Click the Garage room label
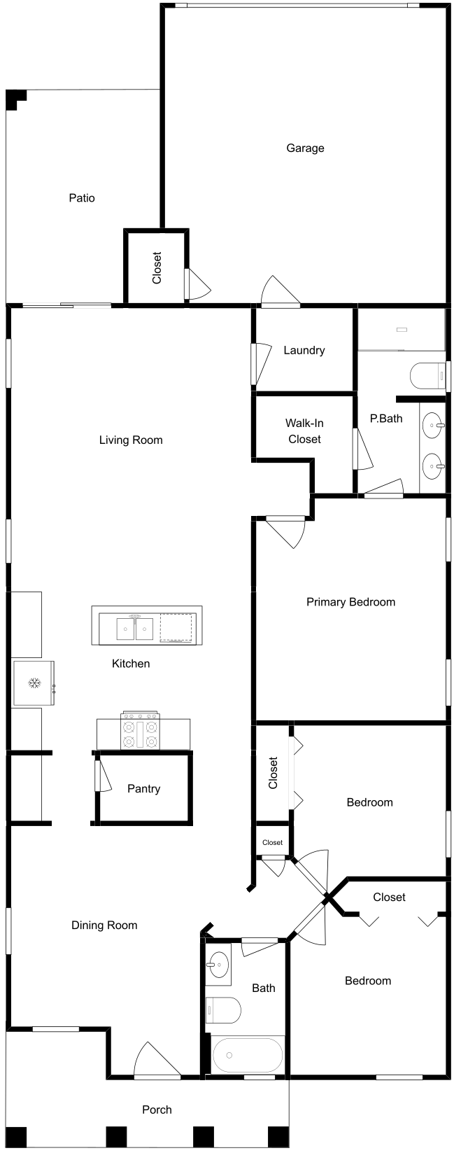point(305,148)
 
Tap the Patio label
point(82,197)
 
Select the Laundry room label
point(304,351)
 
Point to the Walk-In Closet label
point(304,431)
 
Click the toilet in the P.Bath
point(427,375)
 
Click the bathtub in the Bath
point(248,1055)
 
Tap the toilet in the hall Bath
point(223,1010)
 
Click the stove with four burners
point(141,731)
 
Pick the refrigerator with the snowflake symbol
point(34,683)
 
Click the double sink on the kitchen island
point(135,629)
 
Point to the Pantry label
point(144,788)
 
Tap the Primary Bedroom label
point(350,602)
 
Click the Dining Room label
point(104,925)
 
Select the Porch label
point(157,1110)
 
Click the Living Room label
point(131,440)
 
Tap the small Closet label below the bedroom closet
point(273,843)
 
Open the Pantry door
point(102,775)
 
